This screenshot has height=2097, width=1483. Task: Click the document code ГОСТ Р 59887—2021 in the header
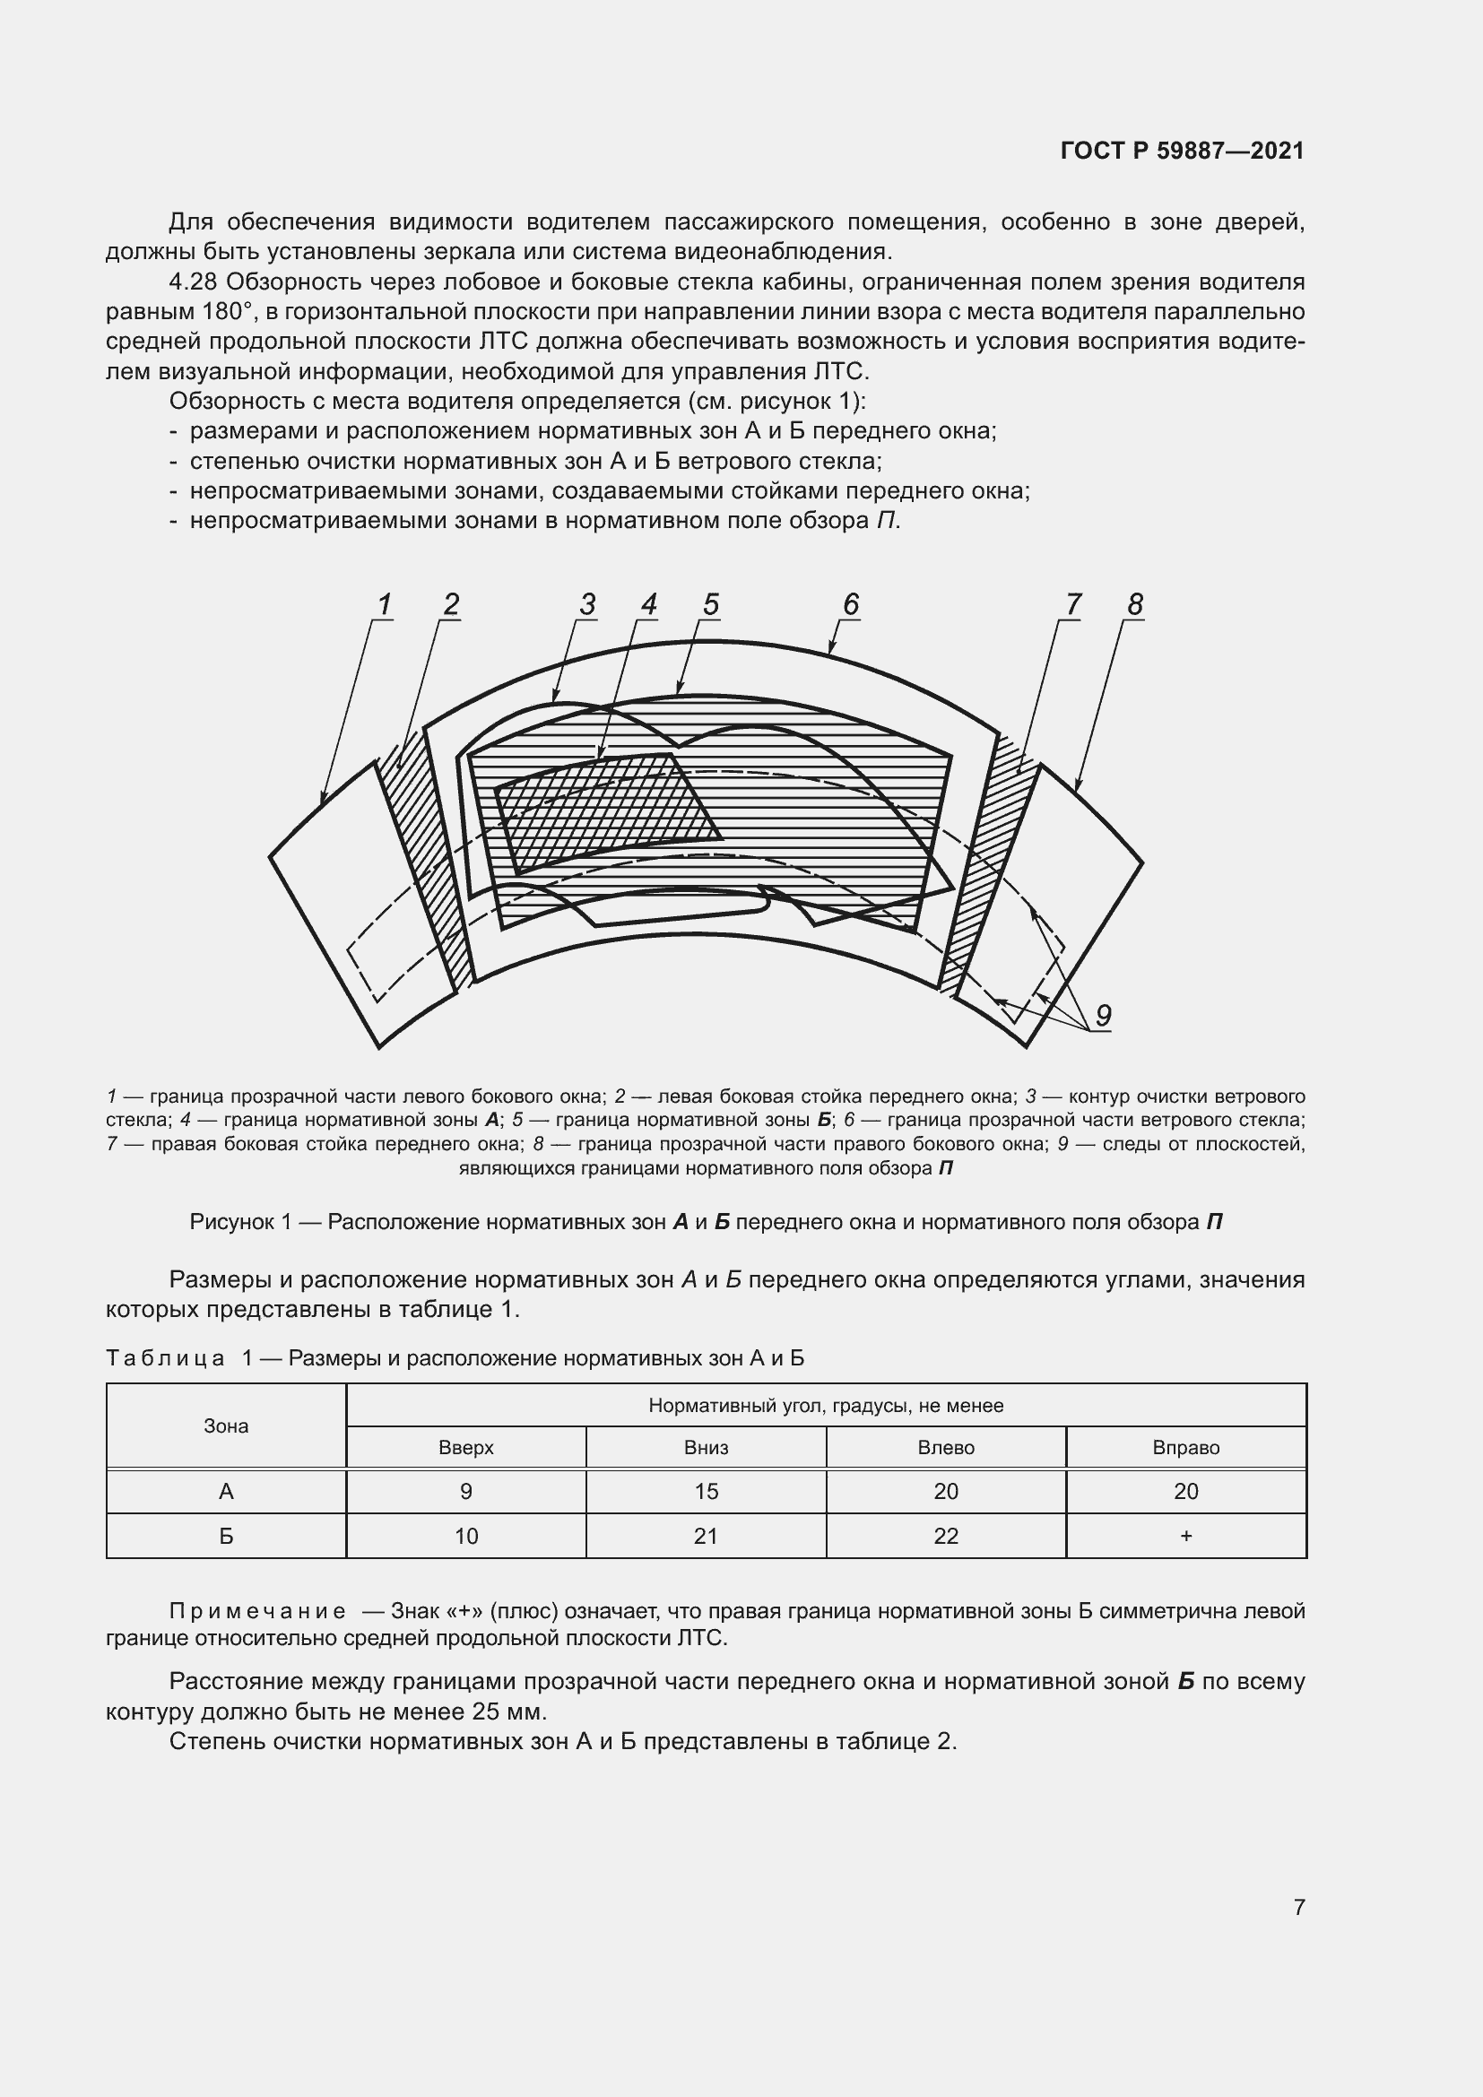coord(1182,151)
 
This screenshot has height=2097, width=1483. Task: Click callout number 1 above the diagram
coord(385,603)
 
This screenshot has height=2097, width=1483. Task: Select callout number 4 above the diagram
coord(648,603)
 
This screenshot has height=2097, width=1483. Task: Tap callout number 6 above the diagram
coord(850,603)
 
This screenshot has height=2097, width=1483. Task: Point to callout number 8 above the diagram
coord(1134,603)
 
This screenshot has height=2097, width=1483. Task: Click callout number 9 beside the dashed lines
coord(1103,1015)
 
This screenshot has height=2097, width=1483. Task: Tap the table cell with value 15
coord(706,1492)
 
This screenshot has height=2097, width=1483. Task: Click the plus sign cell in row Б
coord(1185,1537)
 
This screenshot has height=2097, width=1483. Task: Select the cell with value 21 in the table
coord(706,1537)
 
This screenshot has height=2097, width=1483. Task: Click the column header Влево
coord(945,1448)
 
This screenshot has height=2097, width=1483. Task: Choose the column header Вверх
coord(465,1448)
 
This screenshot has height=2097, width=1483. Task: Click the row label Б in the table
coord(226,1537)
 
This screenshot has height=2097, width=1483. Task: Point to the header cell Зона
coord(226,1425)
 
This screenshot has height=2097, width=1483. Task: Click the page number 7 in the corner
coord(1298,1907)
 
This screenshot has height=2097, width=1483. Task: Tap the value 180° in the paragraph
coord(226,311)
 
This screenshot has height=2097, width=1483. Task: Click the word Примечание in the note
coord(257,1611)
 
